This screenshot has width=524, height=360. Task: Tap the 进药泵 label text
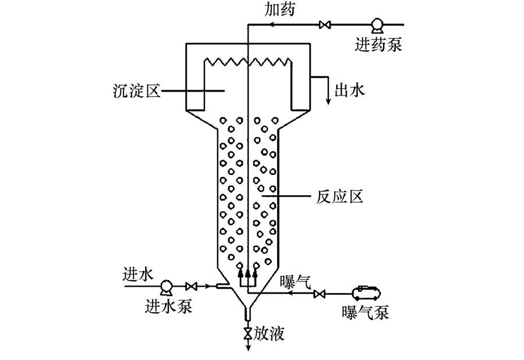point(378,44)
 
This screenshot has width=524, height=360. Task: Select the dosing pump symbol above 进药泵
point(377,24)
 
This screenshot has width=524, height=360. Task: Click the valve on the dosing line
point(325,25)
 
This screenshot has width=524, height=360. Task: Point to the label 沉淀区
point(137,90)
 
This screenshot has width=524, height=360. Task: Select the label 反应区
point(340,197)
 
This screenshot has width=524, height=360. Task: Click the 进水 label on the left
point(138,273)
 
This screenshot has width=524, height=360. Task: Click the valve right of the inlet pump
point(191,286)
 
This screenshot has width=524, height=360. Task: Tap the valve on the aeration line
point(318,294)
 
